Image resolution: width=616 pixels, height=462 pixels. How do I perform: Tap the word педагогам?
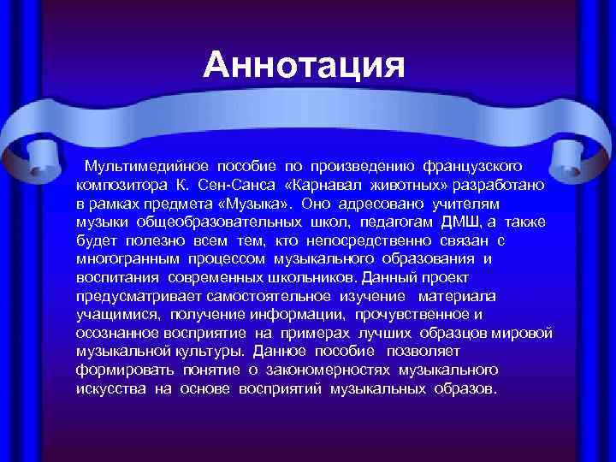385,222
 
